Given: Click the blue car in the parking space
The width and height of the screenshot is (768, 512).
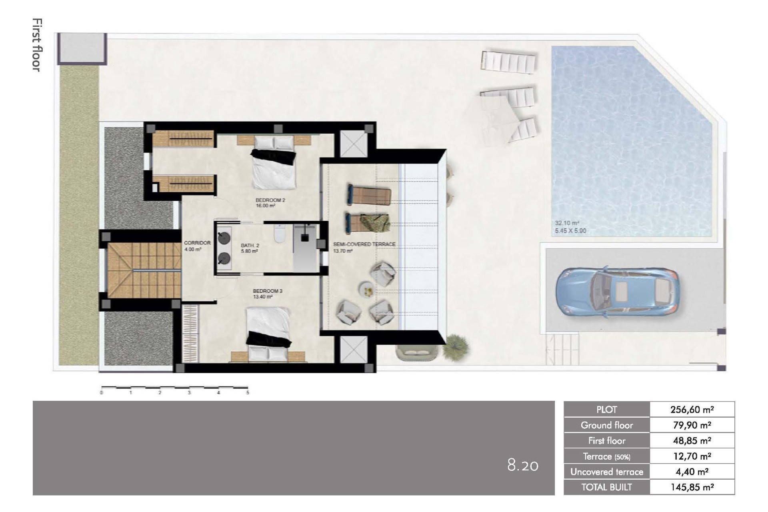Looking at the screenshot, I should (617, 292).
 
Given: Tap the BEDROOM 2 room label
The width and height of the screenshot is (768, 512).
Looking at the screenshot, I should (270, 200).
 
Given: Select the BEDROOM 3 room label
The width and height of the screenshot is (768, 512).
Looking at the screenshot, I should (267, 291).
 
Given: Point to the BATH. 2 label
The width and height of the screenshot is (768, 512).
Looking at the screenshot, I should (250, 246).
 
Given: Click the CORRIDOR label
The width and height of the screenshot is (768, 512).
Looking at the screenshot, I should (197, 243).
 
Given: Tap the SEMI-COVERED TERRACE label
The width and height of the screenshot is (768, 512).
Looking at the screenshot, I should (364, 244).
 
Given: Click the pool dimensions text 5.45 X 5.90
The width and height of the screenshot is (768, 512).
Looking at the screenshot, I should (570, 231).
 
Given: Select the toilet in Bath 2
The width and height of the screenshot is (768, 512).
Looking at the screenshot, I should (279, 234).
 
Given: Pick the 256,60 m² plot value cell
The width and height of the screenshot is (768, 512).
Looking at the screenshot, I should (692, 410).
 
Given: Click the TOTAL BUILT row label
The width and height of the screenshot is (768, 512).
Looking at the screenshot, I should (606, 487).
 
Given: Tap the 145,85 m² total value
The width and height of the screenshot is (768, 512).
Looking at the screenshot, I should (692, 487).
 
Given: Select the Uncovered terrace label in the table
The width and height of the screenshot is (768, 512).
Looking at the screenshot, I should (606, 472).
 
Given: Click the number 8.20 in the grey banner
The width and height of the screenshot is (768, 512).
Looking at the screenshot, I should (522, 465).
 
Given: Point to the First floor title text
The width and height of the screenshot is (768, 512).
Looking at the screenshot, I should (37, 45).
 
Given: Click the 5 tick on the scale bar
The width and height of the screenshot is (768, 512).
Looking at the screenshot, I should (248, 392).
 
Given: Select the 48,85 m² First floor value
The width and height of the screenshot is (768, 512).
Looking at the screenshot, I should (692, 441).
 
